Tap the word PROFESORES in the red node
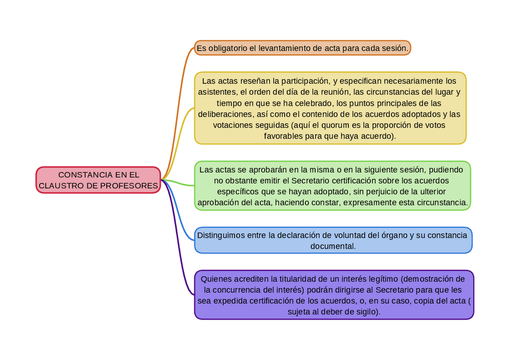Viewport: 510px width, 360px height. [130, 186]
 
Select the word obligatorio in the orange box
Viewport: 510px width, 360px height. [227, 47]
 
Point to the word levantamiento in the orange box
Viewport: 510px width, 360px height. [284, 47]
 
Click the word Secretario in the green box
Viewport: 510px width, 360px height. [313, 180]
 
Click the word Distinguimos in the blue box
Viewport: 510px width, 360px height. [223, 235]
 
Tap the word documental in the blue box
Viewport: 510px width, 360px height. [333, 246]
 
